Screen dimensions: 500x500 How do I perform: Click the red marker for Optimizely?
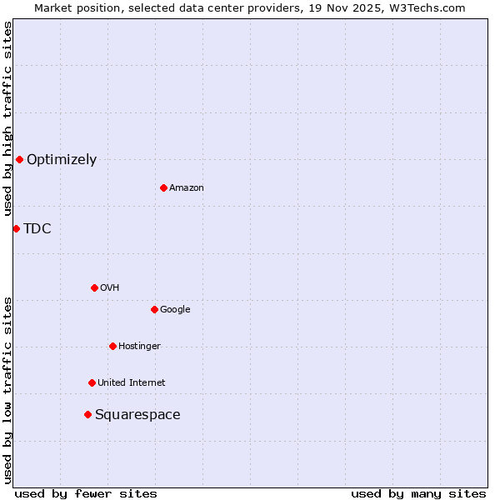point(19,159)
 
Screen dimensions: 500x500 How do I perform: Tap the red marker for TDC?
point(16,228)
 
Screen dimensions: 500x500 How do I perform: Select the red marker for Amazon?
point(163,187)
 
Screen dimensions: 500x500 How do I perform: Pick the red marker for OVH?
point(94,287)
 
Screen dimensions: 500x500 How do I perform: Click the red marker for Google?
point(154,309)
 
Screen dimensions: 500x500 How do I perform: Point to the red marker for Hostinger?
point(112,346)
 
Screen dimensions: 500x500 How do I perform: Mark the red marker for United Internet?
point(92,382)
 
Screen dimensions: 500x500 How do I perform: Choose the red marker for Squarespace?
point(87,414)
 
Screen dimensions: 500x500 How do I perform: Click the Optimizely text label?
point(62,160)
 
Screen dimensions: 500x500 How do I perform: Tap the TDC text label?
point(37,229)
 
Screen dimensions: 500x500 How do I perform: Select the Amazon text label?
point(187,188)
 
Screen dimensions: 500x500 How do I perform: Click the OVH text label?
point(109,288)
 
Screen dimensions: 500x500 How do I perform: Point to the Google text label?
point(175,310)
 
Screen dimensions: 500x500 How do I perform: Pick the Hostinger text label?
point(139,347)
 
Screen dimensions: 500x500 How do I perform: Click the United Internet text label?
point(132,383)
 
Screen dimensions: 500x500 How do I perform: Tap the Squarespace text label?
point(137,415)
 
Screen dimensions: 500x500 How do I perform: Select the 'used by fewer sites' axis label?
point(86,493)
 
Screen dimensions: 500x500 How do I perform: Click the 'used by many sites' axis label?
point(418,493)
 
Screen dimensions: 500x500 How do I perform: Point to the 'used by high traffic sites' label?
point(7,118)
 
